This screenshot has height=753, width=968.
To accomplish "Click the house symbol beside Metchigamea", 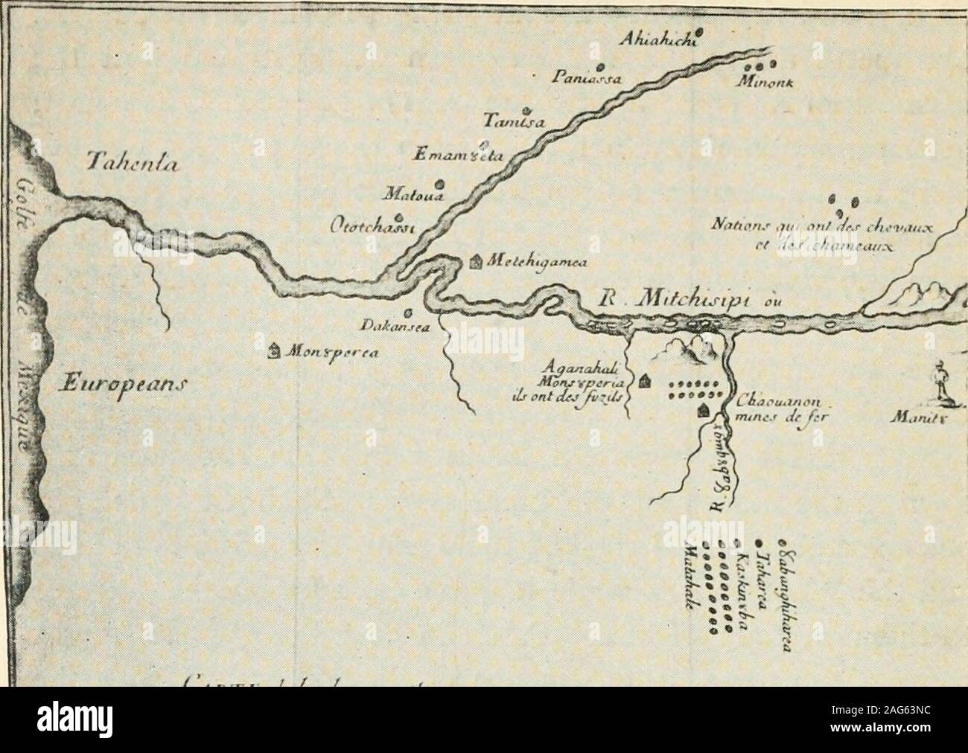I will coord(477,261).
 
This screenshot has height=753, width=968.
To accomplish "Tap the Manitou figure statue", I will coord(940,380).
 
